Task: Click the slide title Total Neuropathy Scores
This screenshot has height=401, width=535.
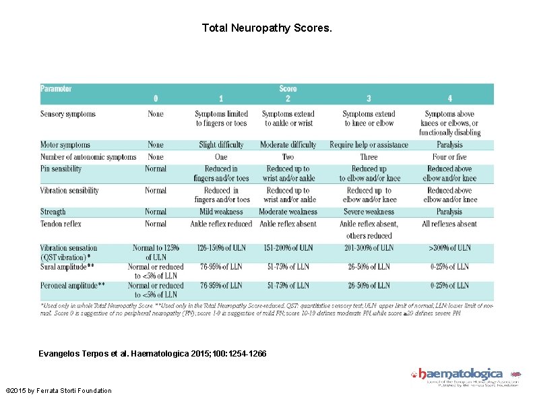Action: point(267,29)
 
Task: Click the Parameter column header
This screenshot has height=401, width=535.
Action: point(57,88)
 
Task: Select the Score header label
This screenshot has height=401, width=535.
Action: point(288,88)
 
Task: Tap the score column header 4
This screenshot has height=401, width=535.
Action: point(449,98)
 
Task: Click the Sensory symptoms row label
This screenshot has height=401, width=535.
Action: point(68,114)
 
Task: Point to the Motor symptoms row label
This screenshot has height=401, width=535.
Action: point(65,145)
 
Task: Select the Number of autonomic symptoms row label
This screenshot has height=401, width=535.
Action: point(88,157)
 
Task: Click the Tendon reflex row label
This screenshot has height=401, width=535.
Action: point(61,224)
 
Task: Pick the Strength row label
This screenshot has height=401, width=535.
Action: point(53,212)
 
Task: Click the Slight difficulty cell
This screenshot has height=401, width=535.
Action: point(222,145)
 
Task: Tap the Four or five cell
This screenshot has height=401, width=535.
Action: point(449,157)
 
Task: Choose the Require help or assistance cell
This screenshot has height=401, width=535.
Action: point(369,145)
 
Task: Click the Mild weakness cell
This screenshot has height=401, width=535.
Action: point(222,212)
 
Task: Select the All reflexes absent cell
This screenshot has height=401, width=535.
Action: point(449,224)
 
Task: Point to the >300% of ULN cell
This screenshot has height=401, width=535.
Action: point(449,248)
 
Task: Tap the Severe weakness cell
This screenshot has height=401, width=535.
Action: point(369,212)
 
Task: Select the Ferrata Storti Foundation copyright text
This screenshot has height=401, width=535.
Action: point(58,391)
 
